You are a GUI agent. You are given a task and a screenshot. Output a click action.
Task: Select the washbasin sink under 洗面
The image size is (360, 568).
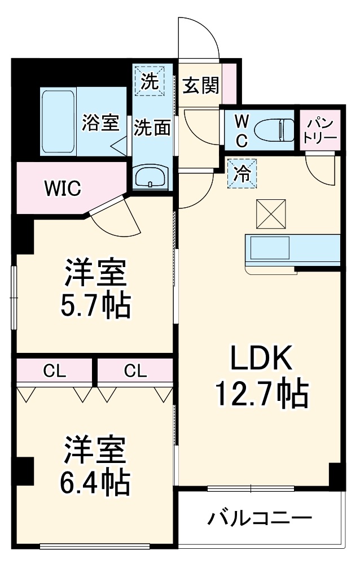(151, 177)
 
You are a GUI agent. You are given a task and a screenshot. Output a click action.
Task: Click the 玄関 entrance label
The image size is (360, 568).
(200, 86)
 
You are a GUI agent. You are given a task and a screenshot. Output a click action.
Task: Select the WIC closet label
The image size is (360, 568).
(63, 189)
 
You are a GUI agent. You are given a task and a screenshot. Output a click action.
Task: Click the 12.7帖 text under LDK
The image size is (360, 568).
(261, 394)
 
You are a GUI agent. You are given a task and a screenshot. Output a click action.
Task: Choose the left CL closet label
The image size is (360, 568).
(55, 371)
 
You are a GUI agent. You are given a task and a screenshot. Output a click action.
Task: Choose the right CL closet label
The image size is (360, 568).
(135, 371)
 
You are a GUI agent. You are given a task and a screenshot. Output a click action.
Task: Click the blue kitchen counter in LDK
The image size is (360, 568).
(292, 248)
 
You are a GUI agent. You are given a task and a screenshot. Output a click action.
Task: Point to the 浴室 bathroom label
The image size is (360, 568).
(100, 123)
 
